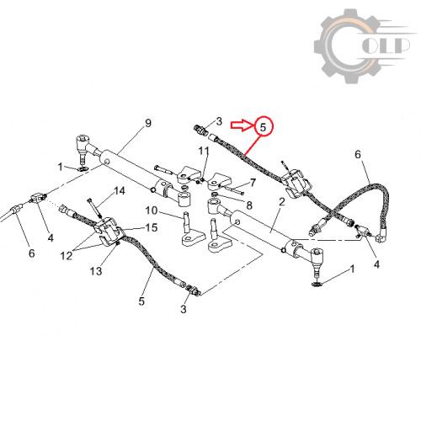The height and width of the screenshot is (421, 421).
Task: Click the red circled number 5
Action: [263, 127]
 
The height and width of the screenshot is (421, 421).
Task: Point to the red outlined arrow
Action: [242, 125]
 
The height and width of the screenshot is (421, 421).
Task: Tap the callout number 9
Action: [148, 123]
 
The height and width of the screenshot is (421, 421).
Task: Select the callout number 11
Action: [204, 151]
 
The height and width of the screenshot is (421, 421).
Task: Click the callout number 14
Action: [120, 191]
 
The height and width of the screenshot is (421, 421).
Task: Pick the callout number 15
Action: [152, 227]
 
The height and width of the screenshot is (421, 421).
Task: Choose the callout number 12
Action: [67, 255]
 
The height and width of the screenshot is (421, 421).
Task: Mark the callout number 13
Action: [96, 271]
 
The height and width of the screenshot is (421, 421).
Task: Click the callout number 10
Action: [152, 210]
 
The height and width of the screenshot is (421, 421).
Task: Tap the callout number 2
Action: [282, 202]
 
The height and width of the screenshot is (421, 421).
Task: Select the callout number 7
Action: [253, 183]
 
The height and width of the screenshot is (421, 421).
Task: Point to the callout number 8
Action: [249, 205]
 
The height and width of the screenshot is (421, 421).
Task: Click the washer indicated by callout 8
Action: [215, 195]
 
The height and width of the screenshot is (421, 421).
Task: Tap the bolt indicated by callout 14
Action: [95, 208]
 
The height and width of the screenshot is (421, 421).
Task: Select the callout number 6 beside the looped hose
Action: [358, 154]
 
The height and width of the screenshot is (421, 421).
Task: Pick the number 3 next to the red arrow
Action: [219, 121]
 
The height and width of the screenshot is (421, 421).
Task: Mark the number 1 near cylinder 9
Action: [60, 167]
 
